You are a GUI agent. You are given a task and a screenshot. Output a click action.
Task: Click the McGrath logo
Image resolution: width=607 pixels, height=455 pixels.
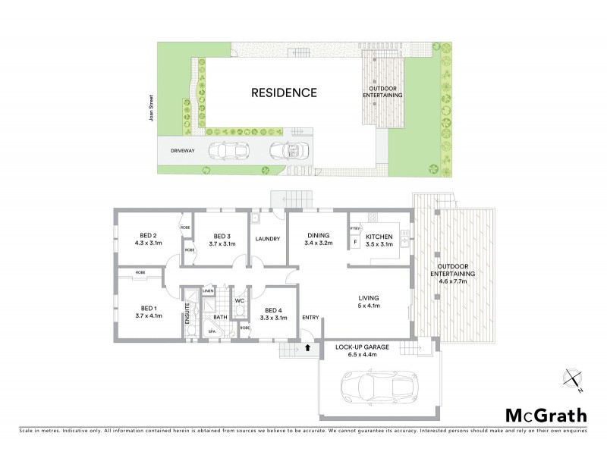[x=546, y=414]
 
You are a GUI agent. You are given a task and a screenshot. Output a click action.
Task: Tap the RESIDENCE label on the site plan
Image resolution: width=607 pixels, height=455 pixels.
[x=284, y=93]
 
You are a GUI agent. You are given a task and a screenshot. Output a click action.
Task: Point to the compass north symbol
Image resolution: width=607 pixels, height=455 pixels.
[x=574, y=381]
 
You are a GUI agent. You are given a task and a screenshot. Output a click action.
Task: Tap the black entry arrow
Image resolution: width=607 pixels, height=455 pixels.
[x=307, y=349]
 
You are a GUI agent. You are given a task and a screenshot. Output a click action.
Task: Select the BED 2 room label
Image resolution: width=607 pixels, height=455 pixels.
[x=148, y=235]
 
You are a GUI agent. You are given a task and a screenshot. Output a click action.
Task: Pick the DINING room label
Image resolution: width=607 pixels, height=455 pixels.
[x=316, y=235]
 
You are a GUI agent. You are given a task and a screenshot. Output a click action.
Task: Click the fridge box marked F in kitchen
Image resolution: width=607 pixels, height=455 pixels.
[x=354, y=243]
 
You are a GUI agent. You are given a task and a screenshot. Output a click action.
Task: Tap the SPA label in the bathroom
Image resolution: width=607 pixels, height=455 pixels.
[x=212, y=331]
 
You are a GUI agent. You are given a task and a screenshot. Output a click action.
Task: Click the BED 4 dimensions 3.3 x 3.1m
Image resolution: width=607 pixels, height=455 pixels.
[x=274, y=318]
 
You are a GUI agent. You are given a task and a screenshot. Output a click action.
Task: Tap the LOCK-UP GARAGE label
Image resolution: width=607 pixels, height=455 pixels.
[x=362, y=347]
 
